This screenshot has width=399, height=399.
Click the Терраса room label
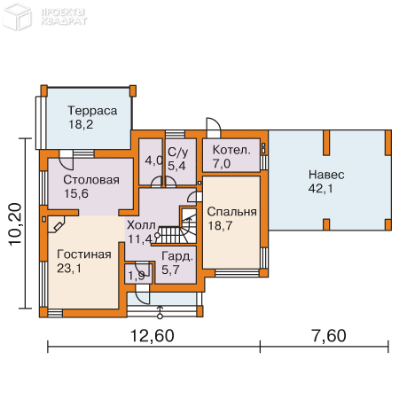93,111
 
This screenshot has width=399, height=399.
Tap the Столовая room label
91,180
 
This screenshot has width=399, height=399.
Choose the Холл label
143,224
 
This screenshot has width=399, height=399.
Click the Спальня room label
231,212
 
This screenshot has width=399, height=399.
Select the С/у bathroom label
178,152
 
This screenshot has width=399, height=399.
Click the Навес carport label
326,174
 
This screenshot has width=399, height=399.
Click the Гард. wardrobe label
176,256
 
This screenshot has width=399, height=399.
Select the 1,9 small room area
137,276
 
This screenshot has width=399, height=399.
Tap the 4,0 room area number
153,160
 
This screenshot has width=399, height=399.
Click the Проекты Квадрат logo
52,13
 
